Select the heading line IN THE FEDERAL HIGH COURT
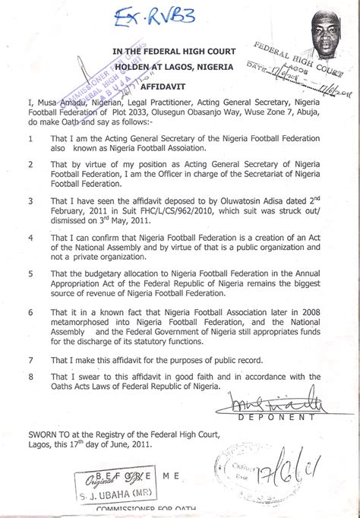click(175, 52)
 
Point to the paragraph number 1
click(29, 139)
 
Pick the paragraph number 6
click(29, 311)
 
